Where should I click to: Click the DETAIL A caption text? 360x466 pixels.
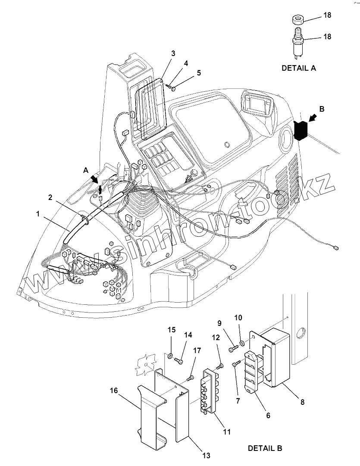tap(298, 68)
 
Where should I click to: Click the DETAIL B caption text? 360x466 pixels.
tap(265, 448)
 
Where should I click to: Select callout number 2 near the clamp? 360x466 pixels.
tap(50, 197)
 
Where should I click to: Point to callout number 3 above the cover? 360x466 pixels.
tap(173, 53)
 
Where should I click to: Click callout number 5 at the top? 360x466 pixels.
tap(199, 73)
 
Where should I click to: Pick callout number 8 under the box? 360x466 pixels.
tap(302, 402)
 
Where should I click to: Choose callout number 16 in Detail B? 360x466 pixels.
tap(114, 391)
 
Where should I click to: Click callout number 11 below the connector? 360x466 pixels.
tap(227, 432)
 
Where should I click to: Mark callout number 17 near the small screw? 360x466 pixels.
tap(197, 351)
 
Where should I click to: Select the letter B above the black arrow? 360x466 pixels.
tap(322, 109)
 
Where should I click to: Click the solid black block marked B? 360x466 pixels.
tap(301, 130)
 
